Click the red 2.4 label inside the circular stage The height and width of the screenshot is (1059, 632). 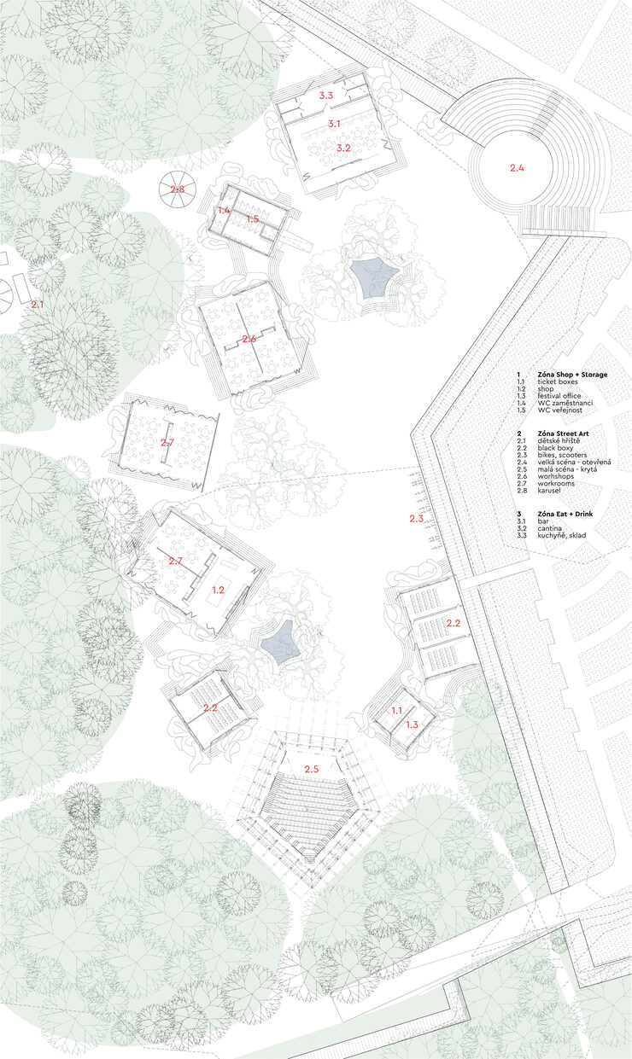pos(517,167)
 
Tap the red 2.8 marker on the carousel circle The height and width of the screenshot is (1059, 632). pos(177,189)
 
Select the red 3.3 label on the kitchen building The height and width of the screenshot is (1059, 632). pos(326,96)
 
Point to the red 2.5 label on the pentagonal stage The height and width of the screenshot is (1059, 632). pos(311,769)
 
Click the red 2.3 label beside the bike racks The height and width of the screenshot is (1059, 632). pos(416,519)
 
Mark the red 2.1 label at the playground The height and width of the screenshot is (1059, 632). pos(38,305)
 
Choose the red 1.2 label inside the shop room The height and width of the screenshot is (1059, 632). pos(218,590)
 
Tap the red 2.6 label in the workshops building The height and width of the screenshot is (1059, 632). pos(249,339)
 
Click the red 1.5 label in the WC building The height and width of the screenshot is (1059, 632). pos(253,218)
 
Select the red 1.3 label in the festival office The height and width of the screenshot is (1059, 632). pos(412,724)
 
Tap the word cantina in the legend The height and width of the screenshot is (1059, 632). pos(550,528)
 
